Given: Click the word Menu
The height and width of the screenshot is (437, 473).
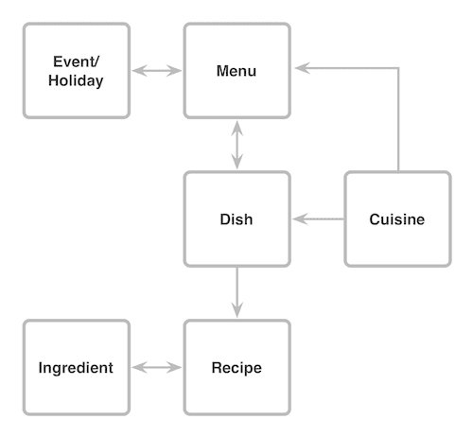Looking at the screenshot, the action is pos(236,71).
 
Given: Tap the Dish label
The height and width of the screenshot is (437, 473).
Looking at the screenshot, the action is pos(236,219).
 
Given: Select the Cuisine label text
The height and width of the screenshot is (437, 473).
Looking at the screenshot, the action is pos(396,219).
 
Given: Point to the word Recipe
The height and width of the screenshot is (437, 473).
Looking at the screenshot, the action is pos(236,368).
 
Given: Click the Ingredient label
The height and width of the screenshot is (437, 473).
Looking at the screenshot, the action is pos(76,368).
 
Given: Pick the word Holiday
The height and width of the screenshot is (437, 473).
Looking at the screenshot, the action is pos(76,80).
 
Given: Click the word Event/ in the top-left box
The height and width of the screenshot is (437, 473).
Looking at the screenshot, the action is pos(76,61).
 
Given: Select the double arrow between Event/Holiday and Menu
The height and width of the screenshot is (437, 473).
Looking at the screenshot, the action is pos(157,71).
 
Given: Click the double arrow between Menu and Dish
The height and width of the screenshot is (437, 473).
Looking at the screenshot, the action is pos(236,145).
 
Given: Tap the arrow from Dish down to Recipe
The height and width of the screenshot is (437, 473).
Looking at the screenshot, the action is pos(236,292).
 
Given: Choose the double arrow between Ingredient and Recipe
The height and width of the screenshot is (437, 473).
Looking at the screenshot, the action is pos(157,367).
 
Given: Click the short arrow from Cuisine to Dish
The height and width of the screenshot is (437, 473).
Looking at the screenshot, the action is pos(318,218).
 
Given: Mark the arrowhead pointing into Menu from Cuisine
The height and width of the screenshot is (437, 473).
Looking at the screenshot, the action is pos(303,68).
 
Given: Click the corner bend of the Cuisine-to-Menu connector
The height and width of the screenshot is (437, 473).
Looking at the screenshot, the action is pos(398,68).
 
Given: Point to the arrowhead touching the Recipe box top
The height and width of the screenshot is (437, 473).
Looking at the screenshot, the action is pos(236,309).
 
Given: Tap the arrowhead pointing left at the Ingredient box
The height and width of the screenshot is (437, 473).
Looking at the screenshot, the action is pos(140,367).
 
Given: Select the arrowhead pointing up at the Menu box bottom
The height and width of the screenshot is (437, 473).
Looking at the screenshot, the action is pos(236,129).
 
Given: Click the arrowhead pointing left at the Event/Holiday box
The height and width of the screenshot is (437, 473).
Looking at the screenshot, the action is pos(140,71).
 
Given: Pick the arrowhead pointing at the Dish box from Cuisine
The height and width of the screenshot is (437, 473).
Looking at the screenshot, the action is pos(300,218).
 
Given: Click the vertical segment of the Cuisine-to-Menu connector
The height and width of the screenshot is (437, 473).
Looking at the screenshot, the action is pos(398,120).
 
